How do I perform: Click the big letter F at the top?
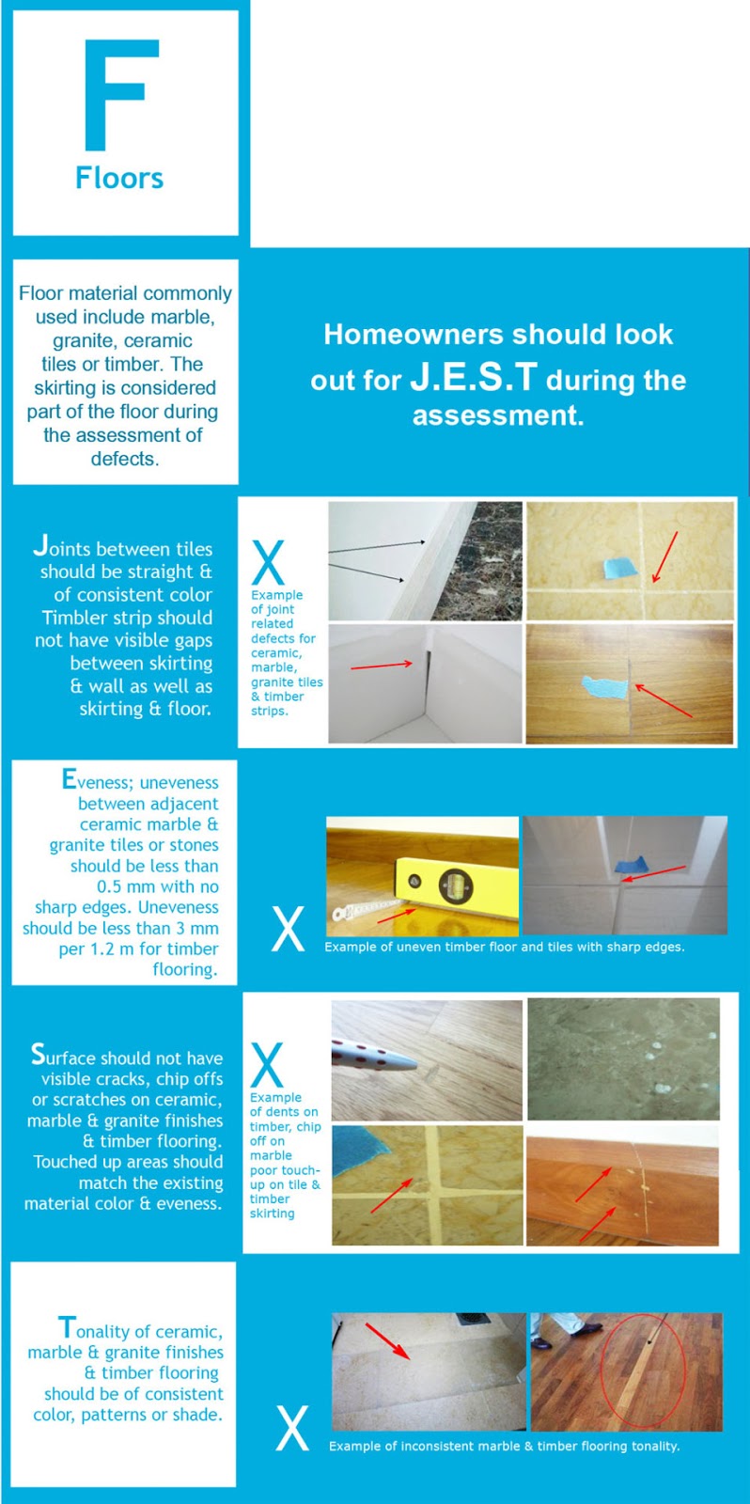coord(120,94)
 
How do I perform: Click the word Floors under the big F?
coord(119,178)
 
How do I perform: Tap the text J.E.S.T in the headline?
coord(474,378)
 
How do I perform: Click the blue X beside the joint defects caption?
coord(268,563)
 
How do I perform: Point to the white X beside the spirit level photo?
coord(288,930)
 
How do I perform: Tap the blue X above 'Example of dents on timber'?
coord(267,1065)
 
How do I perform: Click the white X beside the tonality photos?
coord(291,1428)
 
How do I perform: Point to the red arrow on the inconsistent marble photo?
coord(386,1341)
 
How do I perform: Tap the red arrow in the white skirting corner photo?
coord(382,666)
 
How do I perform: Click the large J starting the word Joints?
coord(40,545)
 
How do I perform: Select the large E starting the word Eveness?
coord(69,779)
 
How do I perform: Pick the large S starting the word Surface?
coord(38,1054)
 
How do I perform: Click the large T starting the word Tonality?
coord(66,1327)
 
